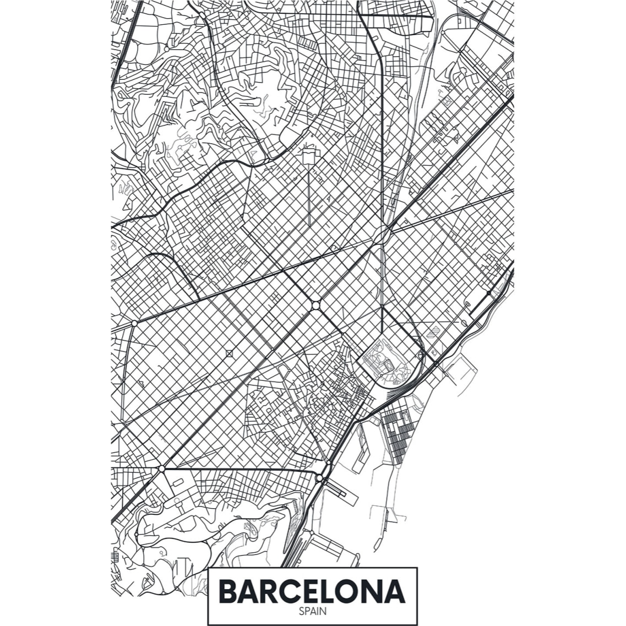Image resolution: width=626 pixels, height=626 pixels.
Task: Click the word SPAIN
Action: point(312,611)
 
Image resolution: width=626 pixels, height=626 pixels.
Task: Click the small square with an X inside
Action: point(230,354)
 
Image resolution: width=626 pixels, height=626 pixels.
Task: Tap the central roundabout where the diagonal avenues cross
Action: point(315,305)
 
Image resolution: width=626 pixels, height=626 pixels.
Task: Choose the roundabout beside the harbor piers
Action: point(319,478)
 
